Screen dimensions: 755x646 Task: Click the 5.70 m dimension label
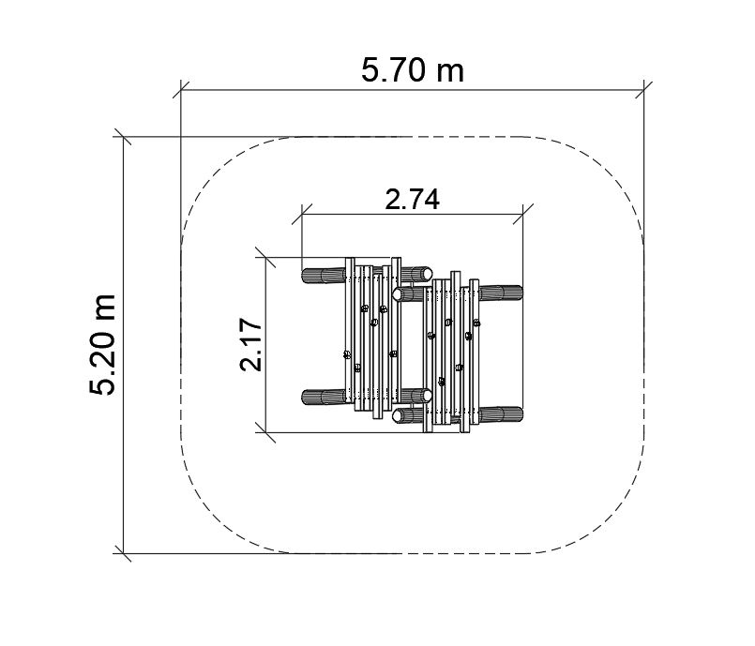coord(413,70)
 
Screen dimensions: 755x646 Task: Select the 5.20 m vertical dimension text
coord(102,345)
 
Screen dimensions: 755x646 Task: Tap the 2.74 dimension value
coord(412,200)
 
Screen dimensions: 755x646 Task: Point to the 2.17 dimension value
coord(250,345)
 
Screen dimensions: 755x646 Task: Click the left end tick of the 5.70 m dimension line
coord(181,89)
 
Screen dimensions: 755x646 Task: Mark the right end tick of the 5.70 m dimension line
coord(643,89)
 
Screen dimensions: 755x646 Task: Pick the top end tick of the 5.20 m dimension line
coord(123,137)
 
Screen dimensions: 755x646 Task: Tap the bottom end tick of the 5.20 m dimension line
coord(123,553)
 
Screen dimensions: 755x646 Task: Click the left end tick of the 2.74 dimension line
coord(302,214)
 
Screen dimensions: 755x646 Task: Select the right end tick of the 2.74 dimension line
coord(523,214)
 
